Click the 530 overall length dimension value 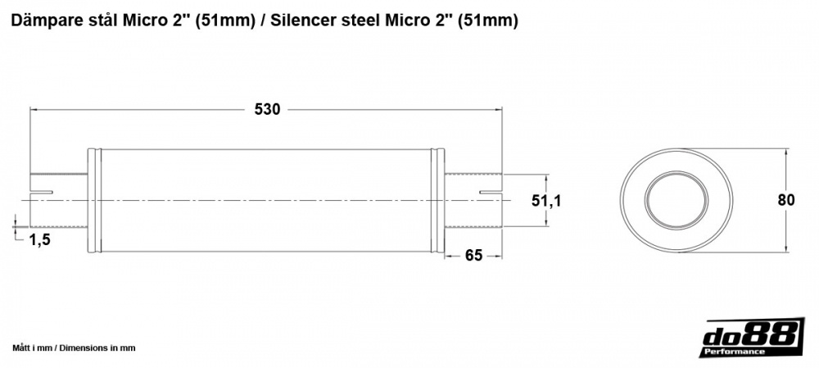click(267, 110)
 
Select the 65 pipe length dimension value click(473, 255)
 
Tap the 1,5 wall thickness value click(40, 239)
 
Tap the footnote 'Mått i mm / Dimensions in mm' click(74, 348)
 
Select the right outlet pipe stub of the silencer click(473, 200)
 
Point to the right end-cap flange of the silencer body click(440, 200)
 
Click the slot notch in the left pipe click(42, 193)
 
